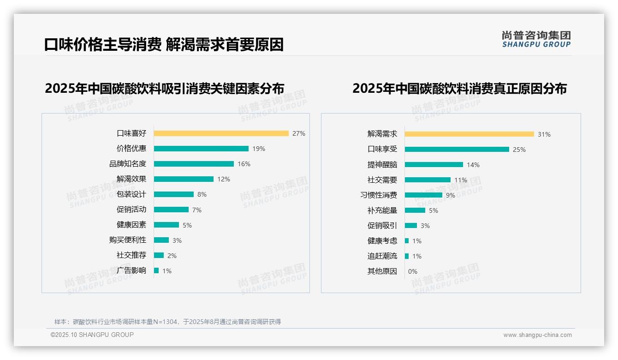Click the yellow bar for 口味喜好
coord(221,133)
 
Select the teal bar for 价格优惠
coord(201,149)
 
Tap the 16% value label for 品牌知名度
coord(244,164)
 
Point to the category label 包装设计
coord(131,194)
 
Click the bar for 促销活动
coord(171,210)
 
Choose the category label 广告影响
coord(131,270)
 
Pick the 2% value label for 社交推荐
coord(172,256)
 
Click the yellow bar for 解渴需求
coord(469,134)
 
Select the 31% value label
coord(544,134)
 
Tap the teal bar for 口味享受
coord(457,150)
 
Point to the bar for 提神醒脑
coord(434,165)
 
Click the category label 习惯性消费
coord(379,195)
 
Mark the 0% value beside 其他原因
coord(412,271)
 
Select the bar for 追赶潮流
coord(407,256)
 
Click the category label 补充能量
coord(382,210)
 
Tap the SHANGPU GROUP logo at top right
coord(536,39)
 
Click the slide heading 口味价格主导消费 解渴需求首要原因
coord(164,45)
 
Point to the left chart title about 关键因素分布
coord(164,88)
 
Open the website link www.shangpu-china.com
coord(537,335)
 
